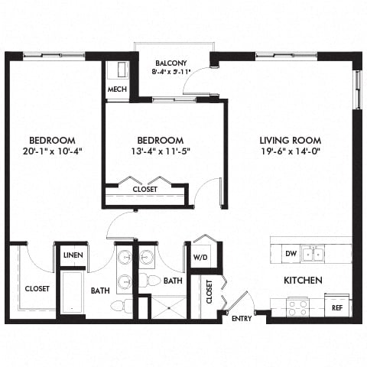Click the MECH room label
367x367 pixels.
click(x=117, y=89)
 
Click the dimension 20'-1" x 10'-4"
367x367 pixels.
click(x=52, y=151)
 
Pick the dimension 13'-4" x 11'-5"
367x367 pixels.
click(x=161, y=151)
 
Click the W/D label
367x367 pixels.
click(x=202, y=257)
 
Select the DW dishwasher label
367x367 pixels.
click(x=290, y=252)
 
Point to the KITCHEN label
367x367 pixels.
click(x=303, y=281)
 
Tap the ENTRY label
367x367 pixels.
click(x=242, y=318)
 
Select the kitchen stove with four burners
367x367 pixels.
click(x=297, y=307)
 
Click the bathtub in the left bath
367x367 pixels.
click(x=72, y=292)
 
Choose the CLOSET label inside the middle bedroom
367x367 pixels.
click(x=145, y=189)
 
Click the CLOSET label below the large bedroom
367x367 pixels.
click(x=37, y=289)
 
